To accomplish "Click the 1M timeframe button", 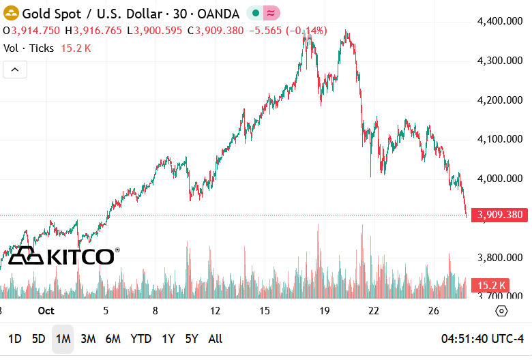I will [x=63, y=338].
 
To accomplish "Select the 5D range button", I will [x=39, y=338].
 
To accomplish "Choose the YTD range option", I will [x=141, y=338].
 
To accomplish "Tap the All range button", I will [x=215, y=338].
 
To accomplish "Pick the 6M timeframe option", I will [x=113, y=338].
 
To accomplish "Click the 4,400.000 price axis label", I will [x=500, y=21].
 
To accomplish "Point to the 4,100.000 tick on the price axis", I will [x=500, y=139].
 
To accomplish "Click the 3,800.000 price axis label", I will [x=500, y=258].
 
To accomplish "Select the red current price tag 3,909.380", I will [x=500, y=215].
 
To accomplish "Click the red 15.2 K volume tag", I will [x=491, y=286].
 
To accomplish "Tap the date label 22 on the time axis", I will [x=373, y=311].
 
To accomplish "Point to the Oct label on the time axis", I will [x=46, y=311].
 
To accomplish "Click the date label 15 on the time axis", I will [x=265, y=311].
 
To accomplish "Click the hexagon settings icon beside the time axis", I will [x=502, y=311].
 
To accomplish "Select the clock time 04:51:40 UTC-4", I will [x=482, y=338].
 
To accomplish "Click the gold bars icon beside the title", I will [x=12, y=13].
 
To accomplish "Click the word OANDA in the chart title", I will [x=218, y=13].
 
